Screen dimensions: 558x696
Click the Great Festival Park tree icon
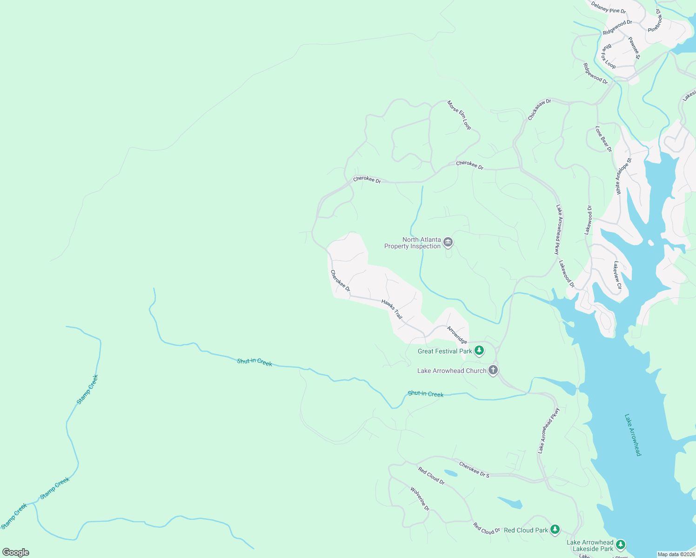point(479,351)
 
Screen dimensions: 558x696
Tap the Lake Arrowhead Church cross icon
point(493,371)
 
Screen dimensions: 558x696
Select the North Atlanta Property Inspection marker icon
point(448,242)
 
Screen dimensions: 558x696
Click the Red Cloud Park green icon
point(555,530)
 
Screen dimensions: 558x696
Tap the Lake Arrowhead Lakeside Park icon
point(620,545)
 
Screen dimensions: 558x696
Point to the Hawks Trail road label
point(392,309)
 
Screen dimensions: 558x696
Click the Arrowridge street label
point(457,335)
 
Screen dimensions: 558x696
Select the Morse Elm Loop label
point(459,115)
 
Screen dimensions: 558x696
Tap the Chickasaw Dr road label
point(539,109)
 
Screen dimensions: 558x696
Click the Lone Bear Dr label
point(603,139)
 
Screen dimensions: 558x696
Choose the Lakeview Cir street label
point(617,275)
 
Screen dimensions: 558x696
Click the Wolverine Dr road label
point(420,499)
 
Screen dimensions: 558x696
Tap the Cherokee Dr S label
point(474,470)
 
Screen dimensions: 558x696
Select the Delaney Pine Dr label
point(609,8)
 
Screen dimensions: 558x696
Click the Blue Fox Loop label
point(608,57)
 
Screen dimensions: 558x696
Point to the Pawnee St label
point(634,48)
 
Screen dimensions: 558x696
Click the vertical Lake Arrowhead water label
point(633,435)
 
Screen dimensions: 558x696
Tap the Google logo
point(16,552)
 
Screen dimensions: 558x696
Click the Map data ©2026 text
point(676,554)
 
